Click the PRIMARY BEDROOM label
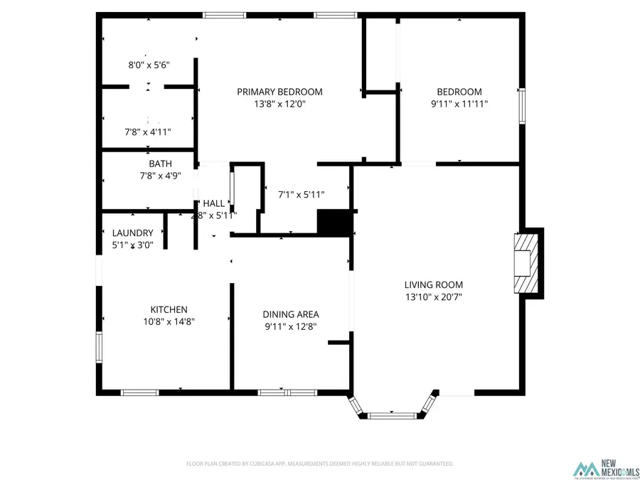coord(279,92)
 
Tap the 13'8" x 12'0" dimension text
coord(279,104)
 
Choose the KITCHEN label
coord(169,309)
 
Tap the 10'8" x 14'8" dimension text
coord(169,321)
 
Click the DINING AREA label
coord(291,314)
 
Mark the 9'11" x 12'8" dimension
coord(291,326)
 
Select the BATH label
coord(160,164)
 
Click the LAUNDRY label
coord(133,233)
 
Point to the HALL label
coord(214,203)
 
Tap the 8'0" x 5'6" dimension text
coord(149,65)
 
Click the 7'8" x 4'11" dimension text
coord(148,132)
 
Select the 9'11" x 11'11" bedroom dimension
coord(459,104)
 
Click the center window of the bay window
coord(391,414)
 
